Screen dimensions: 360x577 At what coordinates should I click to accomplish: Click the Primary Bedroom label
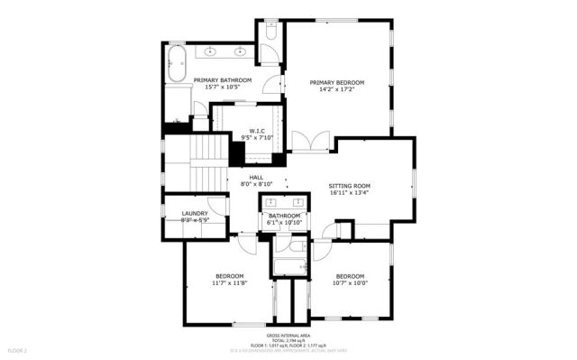[x=338, y=79]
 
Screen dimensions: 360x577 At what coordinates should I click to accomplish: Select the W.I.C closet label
[x=256, y=131]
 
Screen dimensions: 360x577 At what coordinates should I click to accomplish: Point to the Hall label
[x=256, y=177]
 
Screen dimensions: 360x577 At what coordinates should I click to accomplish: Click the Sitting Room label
[x=350, y=184]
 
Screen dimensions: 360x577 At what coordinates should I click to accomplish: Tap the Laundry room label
[x=195, y=214]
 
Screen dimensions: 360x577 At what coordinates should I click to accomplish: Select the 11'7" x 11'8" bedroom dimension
[x=229, y=282]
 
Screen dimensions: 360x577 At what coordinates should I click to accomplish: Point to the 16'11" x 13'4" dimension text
[x=350, y=191]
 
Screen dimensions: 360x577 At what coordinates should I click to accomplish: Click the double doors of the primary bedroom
[x=312, y=142]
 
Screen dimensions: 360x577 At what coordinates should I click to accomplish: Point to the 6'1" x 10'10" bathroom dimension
[x=283, y=223]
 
